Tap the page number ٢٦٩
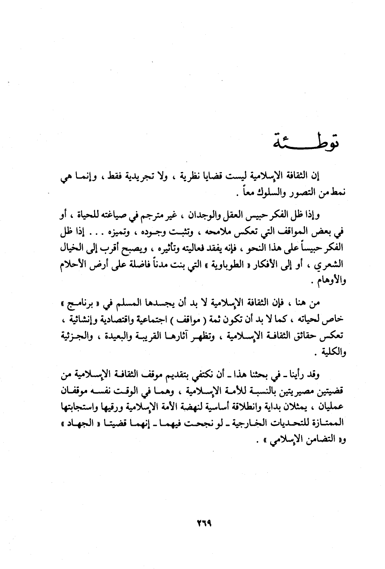[204, 522]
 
